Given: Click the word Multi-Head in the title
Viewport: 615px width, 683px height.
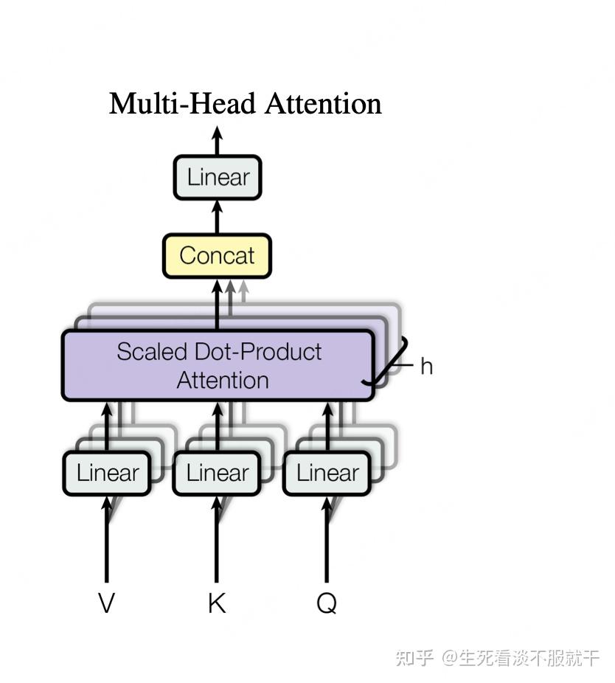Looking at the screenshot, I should (184, 103).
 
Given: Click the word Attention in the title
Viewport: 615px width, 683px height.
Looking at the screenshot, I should (323, 103).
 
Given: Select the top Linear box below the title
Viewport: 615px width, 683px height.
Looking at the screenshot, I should (218, 178).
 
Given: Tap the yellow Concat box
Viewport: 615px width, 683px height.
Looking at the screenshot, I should (217, 256).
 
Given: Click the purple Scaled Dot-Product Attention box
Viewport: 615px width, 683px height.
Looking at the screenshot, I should (218, 365).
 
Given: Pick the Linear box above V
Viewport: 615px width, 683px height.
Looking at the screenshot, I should (107, 473).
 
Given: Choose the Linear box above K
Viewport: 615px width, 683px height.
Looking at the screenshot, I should (217, 473).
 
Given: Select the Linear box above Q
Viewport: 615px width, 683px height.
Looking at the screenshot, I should (327, 473).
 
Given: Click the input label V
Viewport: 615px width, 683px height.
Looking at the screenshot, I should (106, 603).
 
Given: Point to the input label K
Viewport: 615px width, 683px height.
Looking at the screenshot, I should (216, 603).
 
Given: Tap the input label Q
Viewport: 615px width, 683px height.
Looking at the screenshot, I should (327, 603).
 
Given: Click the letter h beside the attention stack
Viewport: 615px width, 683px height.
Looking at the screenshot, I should (426, 366).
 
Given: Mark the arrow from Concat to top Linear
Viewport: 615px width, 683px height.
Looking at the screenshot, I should (217, 217).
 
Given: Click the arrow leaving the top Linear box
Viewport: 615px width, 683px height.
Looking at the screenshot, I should (217, 141).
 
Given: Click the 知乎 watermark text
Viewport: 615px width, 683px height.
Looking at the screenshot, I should (414, 656).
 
